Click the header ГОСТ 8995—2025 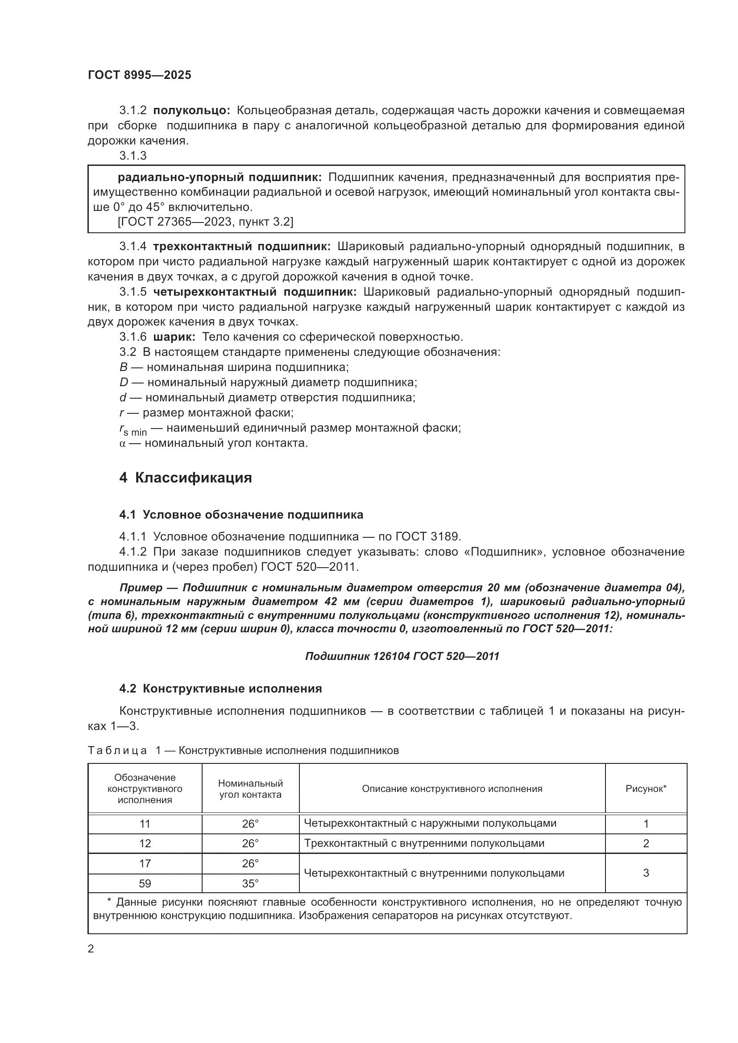(140, 75)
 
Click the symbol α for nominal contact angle (122, 443)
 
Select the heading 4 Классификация (186, 478)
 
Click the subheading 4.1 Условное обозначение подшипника (241, 515)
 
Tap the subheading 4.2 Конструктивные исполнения (220, 688)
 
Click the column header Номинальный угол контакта (250, 789)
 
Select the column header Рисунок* (646, 789)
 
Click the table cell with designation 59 (145, 883)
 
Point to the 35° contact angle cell (250, 883)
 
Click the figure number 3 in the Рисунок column (646, 873)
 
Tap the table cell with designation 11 (145, 824)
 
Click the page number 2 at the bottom (91, 949)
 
